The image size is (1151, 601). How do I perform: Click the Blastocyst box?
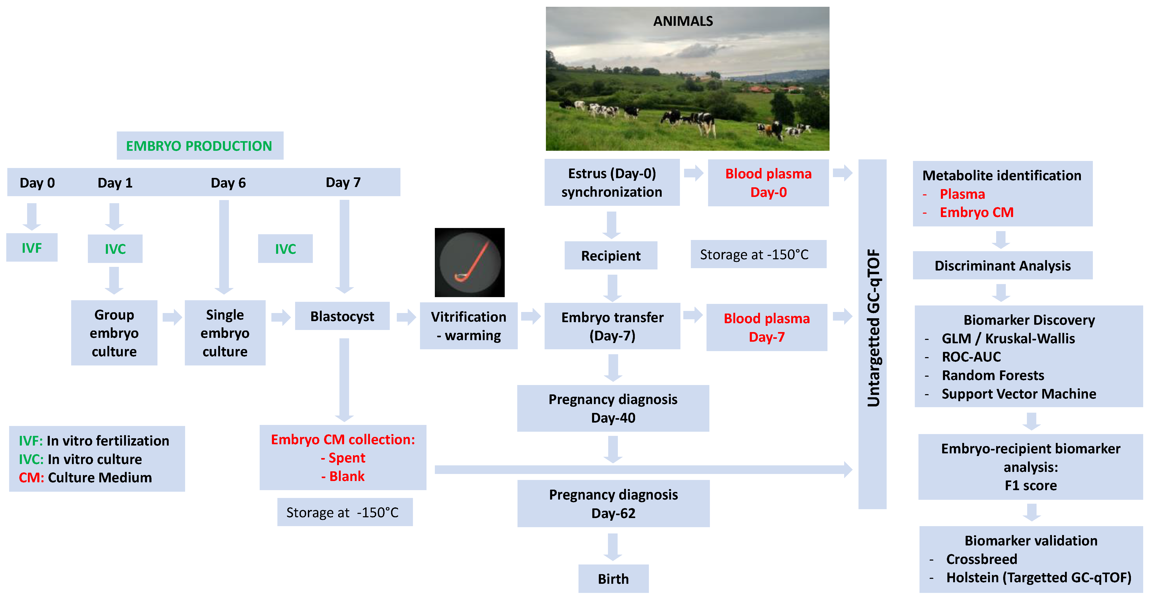(x=342, y=316)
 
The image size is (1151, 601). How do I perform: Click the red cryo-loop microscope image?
(x=470, y=262)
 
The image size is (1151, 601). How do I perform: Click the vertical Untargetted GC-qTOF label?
(x=873, y=328)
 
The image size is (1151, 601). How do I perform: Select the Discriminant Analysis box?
(x=1003, y=265)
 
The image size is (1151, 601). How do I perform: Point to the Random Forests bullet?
(x=993, y=375)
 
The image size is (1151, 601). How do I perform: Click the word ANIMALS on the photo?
(x=683, y=21)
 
